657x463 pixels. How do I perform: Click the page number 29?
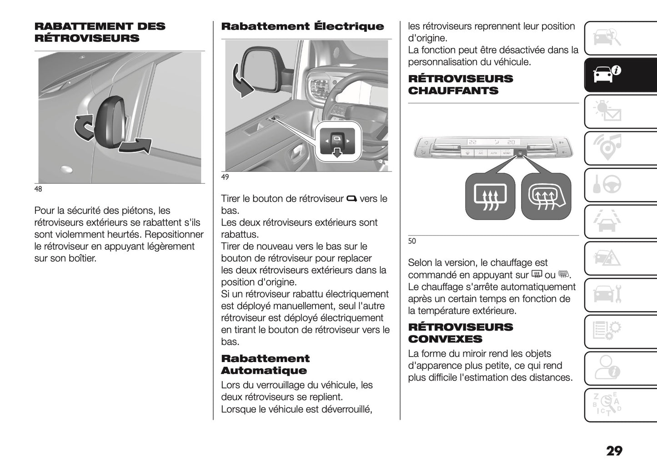tap(614, 451)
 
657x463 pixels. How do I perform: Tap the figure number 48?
tap(38, 189)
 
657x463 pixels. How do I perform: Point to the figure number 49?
tap(225, 177)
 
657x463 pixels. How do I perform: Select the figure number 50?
tap(412, 241)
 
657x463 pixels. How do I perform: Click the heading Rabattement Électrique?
tap(302, 26)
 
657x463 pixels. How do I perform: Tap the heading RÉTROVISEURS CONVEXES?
tap(460, 333)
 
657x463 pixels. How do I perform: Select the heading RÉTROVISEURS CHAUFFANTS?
tap(460, 85)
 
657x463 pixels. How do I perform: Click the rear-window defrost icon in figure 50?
tap(489, 196)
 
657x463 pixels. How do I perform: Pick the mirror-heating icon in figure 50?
tap(546, 196)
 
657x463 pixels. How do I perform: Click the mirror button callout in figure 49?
tap(337, 142)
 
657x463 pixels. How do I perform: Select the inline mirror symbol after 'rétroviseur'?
tap(351, 199)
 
